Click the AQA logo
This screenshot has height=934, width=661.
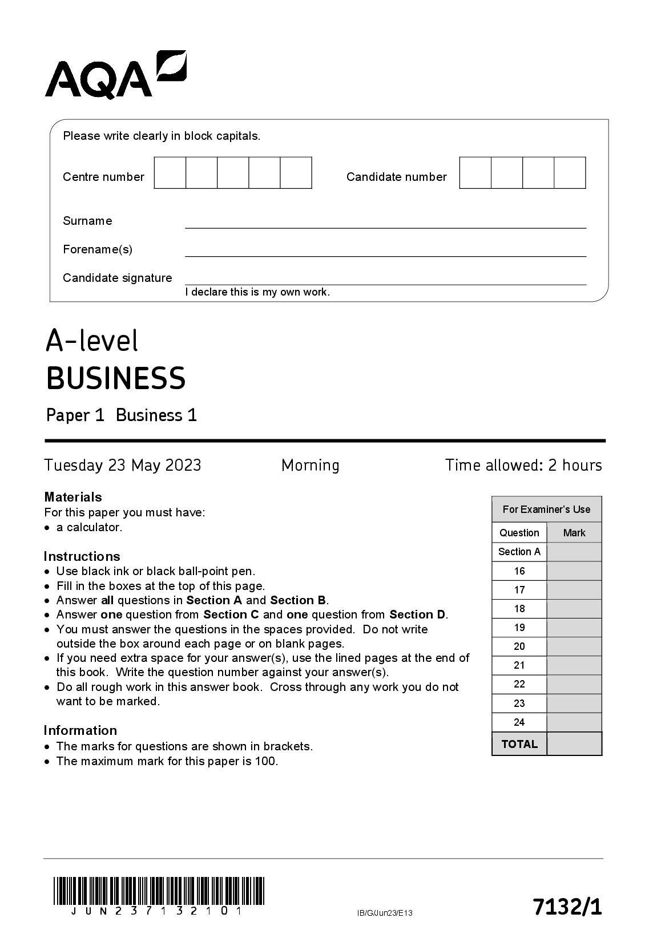tap(115, 75)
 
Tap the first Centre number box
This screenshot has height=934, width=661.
tap(170, 173)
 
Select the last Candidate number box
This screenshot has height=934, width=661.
tap(570, 173)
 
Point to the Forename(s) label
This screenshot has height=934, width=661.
tap(98, 249)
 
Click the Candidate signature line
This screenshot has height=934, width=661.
tap(385, 279)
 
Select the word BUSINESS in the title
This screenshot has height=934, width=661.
tap(116, 378)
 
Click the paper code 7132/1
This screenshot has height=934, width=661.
tap(567, 907)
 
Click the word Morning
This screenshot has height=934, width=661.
tap(310, 466)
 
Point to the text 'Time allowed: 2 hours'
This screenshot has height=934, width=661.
tap(523, 466)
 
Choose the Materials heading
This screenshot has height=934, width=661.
tap(73, 497)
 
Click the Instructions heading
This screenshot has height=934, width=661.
tap(82, 556)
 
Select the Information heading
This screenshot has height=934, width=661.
tap(80, 730)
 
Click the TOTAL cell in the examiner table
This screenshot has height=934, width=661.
tap(519, 744)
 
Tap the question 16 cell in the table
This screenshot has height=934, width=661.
tap(519, 571)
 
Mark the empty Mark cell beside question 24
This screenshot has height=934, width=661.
tap(574, 722)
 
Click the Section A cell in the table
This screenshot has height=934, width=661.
tap(519, 552)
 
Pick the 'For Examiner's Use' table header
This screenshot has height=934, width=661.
tap(546, 510)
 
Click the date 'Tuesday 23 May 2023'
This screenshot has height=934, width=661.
tap(123, 466)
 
